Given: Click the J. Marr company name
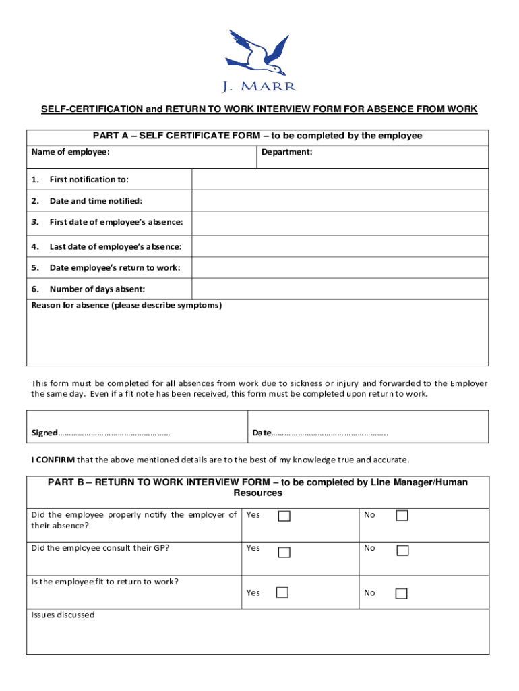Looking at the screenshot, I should pyautogui.click(x=259, y=86).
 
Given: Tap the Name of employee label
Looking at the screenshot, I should pyautogui.click(x=70, y=153).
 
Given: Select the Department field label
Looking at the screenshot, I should pyautogui.click(x=286, y=153).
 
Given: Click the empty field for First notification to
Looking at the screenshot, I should pyautogui.click(x=340, y=179).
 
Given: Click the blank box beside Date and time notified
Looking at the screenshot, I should pyautogui.click(x=340, y=201).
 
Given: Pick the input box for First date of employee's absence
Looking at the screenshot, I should pyautogui.click(x=340, y=223).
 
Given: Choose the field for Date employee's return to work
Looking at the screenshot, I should pyautogui.click(x=340, y=268).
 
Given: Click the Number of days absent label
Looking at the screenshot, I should pyautogui.click(x=96, y=289).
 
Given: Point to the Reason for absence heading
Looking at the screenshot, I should pyautogui.click(x=126, y=305).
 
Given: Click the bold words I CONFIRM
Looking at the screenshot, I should pyautogui.click(x=53, y=460).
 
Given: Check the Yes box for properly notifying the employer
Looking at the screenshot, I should pyautogui.click(x=284, y=516).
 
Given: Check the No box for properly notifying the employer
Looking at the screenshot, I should pyautogui.click(x=402, y=516).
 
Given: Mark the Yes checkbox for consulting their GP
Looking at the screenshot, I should pyautogui.click(x=284, y=551).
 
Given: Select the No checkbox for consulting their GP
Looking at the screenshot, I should pyautogui.click(x=402, y=550).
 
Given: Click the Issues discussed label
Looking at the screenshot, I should pyautogui.click(x=63, y=615).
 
